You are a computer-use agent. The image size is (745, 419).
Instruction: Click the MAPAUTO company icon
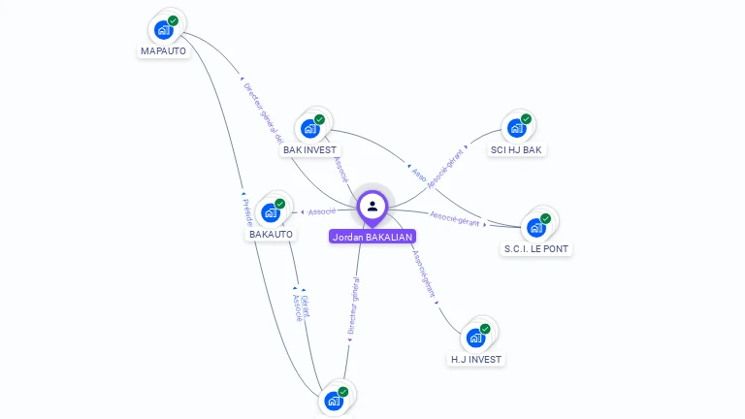pos(164,29)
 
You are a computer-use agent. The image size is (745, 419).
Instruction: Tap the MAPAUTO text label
pos(163,50)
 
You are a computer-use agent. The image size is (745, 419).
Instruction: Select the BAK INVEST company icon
pos(310,128)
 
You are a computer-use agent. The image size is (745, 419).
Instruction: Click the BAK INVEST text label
pos(309,149)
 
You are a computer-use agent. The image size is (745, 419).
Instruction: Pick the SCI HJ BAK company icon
pos(516,128)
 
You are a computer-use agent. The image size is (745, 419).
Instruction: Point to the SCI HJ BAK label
pos(516,149)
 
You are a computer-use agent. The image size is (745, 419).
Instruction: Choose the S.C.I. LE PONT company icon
pos(535,228)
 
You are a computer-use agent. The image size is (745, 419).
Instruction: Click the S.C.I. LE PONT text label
pos(536,249)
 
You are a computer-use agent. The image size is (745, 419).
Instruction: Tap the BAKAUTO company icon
pos(271,212)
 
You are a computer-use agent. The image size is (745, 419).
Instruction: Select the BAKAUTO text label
pos(271,234)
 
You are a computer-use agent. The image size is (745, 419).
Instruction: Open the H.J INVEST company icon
pos(475,338)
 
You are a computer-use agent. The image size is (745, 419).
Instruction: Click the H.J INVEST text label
pos(476,359)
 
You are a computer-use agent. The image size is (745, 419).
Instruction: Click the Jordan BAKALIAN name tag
pos(372,237)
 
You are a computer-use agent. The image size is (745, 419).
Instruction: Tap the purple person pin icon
pos(372,206)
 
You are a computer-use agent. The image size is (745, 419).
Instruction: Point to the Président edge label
pos(247,212)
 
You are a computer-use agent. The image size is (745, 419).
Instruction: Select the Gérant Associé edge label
pos(301,306)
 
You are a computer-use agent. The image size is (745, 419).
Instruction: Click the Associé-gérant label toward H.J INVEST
pos(425,274)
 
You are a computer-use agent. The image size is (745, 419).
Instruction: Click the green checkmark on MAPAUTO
pos(173,20)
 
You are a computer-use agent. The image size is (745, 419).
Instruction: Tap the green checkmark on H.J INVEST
pos(485,329)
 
